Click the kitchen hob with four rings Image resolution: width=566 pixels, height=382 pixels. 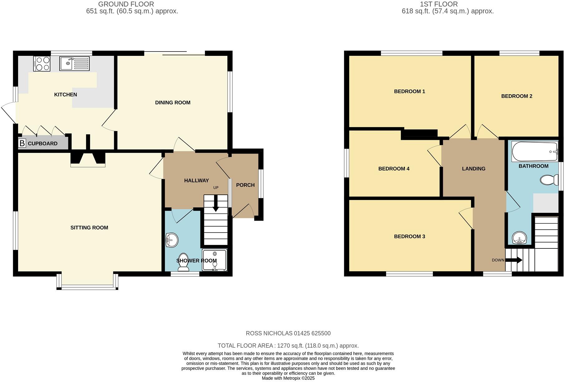pyautogui.click(x=41, y=64)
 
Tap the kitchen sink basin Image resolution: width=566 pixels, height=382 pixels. pyautogui.click(x=67, y=64)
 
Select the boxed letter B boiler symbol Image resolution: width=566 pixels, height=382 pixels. pyautogui.click(x=22, y=143)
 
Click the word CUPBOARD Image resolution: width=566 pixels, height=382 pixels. pyautogui.click(x=43, y=144)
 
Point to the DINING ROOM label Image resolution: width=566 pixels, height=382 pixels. pyautogui.click(x=172, y=103)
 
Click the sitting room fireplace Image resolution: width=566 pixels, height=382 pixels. pyautogui.click(x=88, y=159)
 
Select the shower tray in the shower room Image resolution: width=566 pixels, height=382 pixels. pyautogui.click(x=215, y=260)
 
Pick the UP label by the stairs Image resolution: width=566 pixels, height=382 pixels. pyautogui.click(x=216, y=188)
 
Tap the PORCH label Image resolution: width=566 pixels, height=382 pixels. pyautogui.click(x=245, y=185)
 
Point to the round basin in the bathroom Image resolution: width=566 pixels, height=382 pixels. pyautogui.click(x=520, y=238)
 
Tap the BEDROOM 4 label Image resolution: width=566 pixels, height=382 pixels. pyautogui.click(x=394, y=169)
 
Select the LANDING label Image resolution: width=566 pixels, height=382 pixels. pyautogui.click(x=473, y=169)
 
